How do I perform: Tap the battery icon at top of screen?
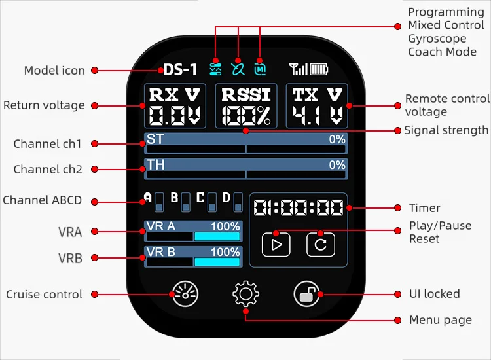click(319, 69)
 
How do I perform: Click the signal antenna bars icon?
click(298, 69)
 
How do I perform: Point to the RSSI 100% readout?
click(246, 106)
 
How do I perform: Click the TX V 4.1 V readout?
click(317, 106)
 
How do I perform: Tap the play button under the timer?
click(276, 245)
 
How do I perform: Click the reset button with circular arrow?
click(320, 245)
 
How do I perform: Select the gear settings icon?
click(245, 295)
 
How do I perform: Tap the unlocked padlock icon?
click(306, 295)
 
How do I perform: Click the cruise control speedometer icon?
click(185, 295)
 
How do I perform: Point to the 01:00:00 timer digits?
click(298, 208)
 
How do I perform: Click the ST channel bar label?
click(155, 139)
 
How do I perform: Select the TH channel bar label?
click(156, 165)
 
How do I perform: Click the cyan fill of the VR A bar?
click(217, 237)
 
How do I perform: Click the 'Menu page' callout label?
click(440, 320)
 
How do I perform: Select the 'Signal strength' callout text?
click(446, 130)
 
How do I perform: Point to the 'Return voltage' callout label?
click(44, 105)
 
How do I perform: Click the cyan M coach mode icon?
click(261, 68)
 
